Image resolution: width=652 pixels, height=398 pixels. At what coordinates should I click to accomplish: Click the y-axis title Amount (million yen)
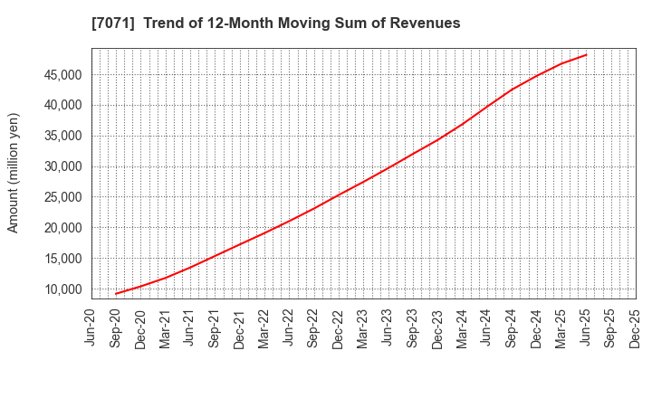click(14, 173)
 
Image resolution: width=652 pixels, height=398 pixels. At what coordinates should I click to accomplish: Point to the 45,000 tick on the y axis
click(62, 75)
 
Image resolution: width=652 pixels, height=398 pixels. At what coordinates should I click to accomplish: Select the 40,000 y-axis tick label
click(62, 106)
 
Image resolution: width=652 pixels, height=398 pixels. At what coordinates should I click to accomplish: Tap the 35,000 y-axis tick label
click(62, 137)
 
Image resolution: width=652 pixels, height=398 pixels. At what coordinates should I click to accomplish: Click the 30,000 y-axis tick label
click(62, 167)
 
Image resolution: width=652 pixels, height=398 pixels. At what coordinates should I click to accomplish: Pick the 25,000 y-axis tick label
click(62, 198)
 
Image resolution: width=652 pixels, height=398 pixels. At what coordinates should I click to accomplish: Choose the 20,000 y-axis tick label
click(62, 229)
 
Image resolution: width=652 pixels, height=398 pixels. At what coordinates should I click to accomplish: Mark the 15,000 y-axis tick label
click(62, 260)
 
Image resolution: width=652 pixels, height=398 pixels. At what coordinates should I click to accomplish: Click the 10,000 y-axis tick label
click(62, 290)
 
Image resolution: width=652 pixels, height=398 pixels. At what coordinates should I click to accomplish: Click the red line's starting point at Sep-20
click(116, 294)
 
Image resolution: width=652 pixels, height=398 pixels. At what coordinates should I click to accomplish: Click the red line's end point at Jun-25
click(586, 54)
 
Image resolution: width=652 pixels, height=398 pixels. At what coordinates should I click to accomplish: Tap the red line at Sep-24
click(512, 90)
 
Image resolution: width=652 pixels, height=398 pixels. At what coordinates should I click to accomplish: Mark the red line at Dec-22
click(339, 194)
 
